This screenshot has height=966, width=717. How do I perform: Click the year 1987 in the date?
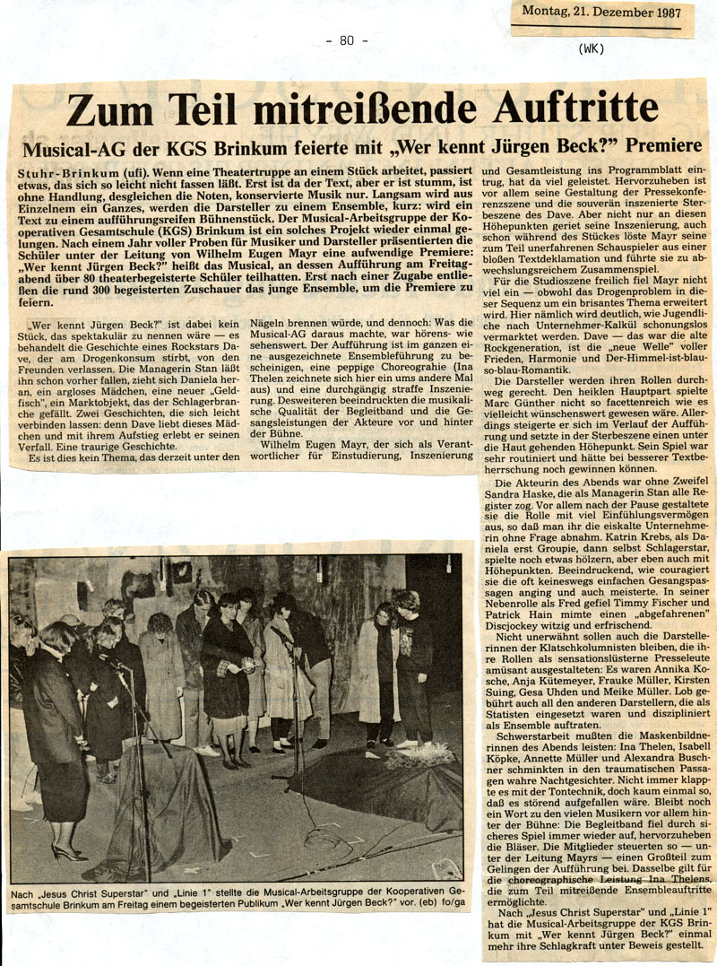[x=663, y=13]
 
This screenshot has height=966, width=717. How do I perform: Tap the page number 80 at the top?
[x=347, y=39]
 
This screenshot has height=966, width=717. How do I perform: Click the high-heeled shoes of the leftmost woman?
[x=67, y=851]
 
